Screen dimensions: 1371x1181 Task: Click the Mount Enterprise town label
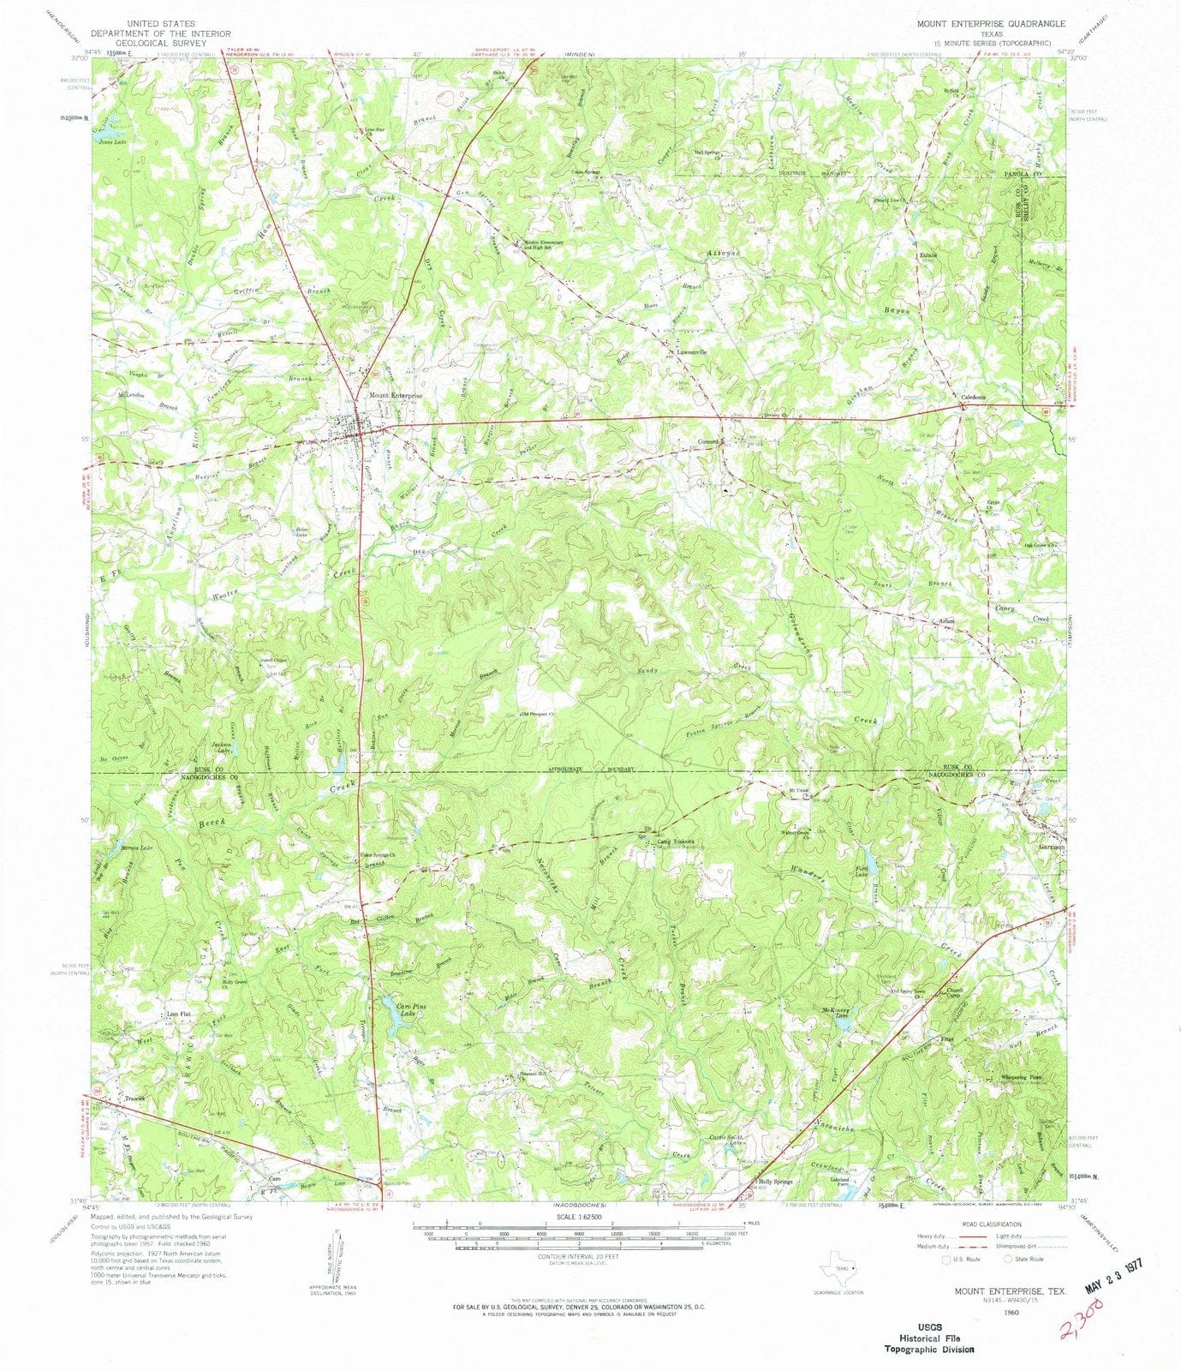pos(396,396)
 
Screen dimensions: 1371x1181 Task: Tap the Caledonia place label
pos(971,398)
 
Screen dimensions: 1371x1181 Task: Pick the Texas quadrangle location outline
pos(838,1266)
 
